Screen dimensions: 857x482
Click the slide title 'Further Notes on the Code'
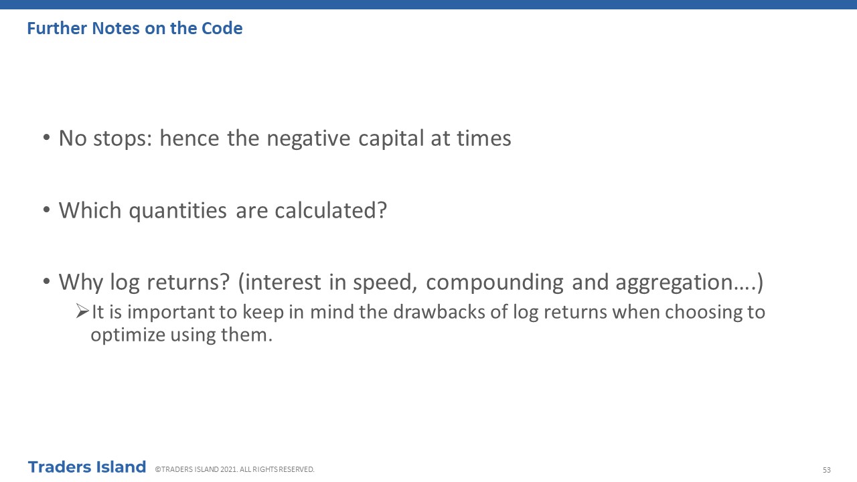tap(135, 28)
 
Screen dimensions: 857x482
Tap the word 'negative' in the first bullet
tap(309, 139)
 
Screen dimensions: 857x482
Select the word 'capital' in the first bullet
tap(391, 139)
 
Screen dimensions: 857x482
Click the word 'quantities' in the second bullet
tap(178, 211)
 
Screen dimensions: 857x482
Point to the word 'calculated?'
tap(331, 210)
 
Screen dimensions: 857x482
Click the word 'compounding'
tap(495, 283)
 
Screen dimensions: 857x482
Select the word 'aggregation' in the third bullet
tap(674, 283)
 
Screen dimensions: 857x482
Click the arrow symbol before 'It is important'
tap(82, 311)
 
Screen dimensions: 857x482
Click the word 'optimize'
tap(128, 335)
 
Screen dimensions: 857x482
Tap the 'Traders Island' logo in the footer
tap(87, 467)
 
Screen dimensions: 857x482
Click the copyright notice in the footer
tap(234, 469)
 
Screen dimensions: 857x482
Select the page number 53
tap(827, 470)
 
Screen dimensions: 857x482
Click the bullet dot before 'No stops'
tap(47, 137)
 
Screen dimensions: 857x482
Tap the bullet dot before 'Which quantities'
tap(47, 210)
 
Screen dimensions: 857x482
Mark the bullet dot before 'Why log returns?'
tap(47, 281)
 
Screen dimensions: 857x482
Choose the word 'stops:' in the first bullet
tap(123, 139)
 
